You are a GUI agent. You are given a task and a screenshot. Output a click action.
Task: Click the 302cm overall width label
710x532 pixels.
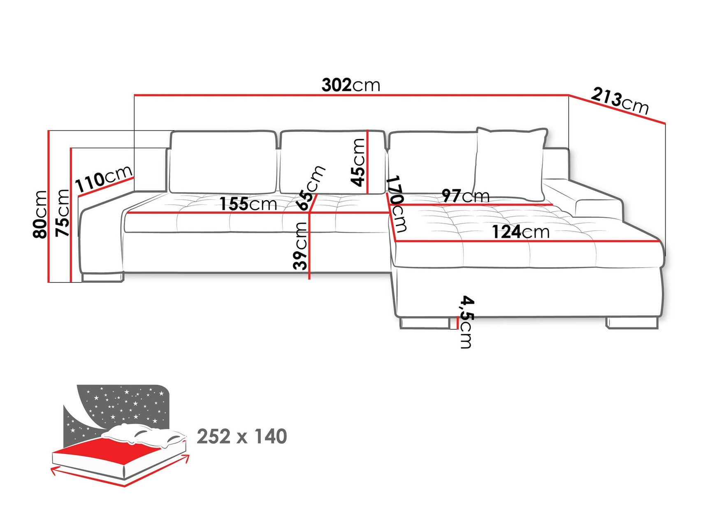pos(350,85)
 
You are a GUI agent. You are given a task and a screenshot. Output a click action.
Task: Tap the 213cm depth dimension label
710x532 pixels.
pos(620,101)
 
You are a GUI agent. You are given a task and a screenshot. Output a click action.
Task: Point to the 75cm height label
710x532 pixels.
pos(63,213)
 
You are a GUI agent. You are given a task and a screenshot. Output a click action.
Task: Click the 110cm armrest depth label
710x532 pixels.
pos(104,179)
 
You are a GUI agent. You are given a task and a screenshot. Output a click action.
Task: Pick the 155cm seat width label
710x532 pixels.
pos(248,204)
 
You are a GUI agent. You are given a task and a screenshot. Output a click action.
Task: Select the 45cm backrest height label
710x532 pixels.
pos(358,162)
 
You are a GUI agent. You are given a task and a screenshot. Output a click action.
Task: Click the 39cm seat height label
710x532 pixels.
pos(300,245)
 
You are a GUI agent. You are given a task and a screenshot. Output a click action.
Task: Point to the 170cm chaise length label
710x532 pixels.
pos(397,204)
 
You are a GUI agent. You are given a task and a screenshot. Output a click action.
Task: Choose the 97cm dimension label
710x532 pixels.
pos(465,196)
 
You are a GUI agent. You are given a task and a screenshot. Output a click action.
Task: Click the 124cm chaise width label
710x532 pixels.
pos(520,232)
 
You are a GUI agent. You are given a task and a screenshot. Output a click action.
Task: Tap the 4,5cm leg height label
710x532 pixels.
pos(466,322)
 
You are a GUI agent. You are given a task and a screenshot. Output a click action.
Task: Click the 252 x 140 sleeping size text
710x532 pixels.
pos(241,436)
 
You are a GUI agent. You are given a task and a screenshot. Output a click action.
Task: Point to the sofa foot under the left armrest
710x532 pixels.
pos(102,278)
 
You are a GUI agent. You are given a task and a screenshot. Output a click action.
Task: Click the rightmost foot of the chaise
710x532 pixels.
pos(632,323)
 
